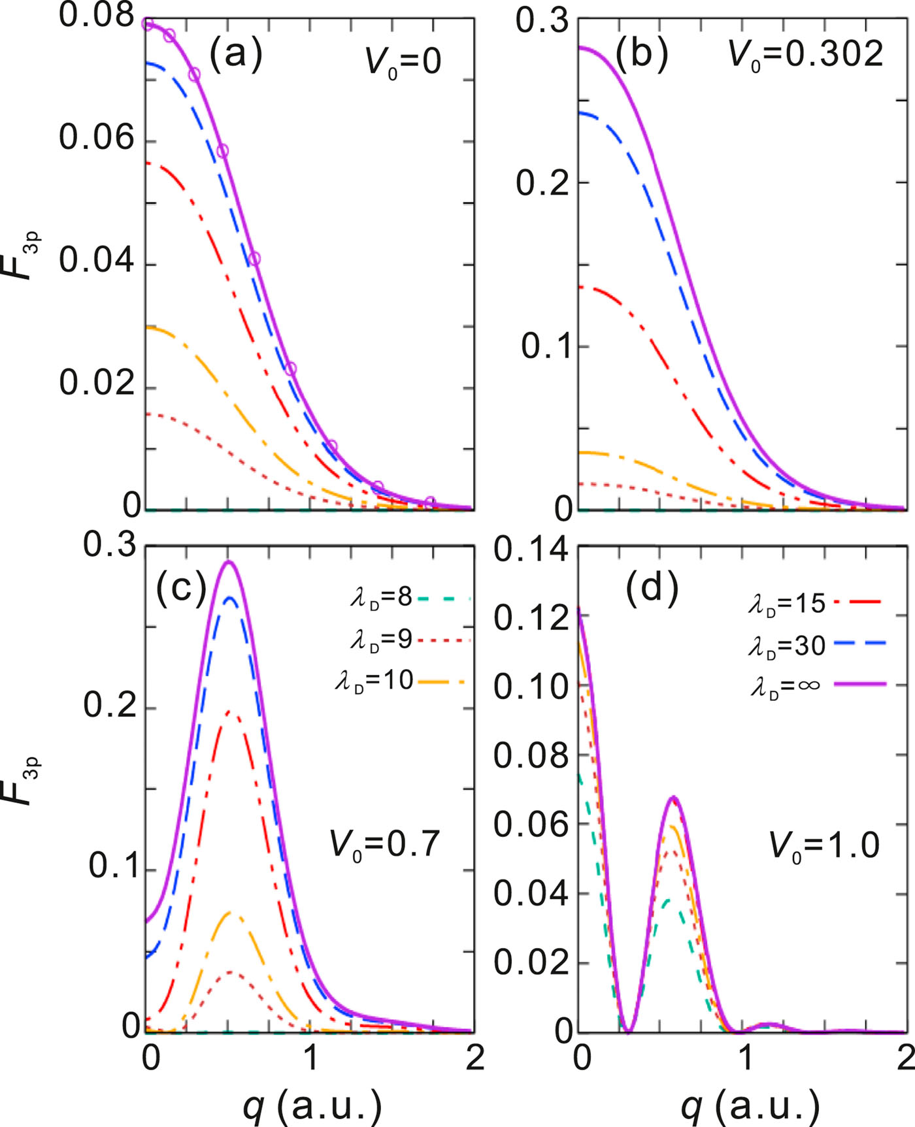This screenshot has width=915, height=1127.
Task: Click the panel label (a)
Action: (235, 54)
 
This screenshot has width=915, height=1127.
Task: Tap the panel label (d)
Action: (652, 588)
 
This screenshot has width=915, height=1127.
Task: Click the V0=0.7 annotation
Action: (385, 844)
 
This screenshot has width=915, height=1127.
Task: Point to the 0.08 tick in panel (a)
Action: (97, 16)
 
